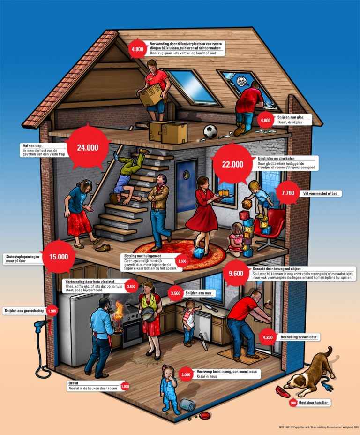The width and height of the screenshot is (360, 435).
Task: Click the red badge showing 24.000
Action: pos(88,147)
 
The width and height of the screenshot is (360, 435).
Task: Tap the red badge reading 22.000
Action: pos(233,164)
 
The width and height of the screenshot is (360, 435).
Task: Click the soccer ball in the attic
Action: pos(210,131)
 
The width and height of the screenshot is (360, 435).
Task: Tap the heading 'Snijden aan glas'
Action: pos(288,118)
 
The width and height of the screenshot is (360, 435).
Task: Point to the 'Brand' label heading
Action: pos(73,382)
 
